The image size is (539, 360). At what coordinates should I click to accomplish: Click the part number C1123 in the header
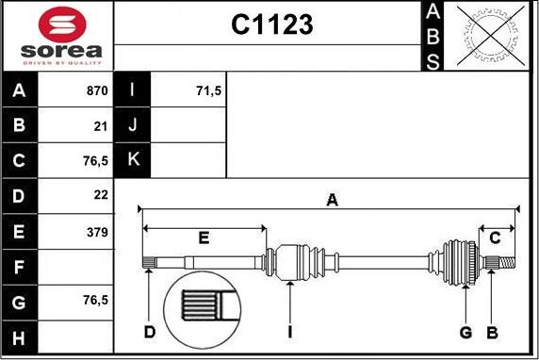coord(272,25)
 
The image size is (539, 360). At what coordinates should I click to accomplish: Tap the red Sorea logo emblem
coord(62,25)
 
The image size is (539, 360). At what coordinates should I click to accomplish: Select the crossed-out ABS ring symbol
coord(491,36)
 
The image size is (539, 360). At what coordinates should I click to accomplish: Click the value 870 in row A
coord(97,90)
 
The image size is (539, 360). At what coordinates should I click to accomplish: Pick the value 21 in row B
coord(101,126)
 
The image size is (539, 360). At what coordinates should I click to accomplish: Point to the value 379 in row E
coord(97,233)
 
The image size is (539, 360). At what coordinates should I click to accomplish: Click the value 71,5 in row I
coord(208,91)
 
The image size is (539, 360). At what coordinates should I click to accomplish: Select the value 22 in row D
coord(101,195)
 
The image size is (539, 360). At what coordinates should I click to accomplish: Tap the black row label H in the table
coord(19,337)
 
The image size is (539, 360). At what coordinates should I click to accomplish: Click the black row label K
coord(133,159)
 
